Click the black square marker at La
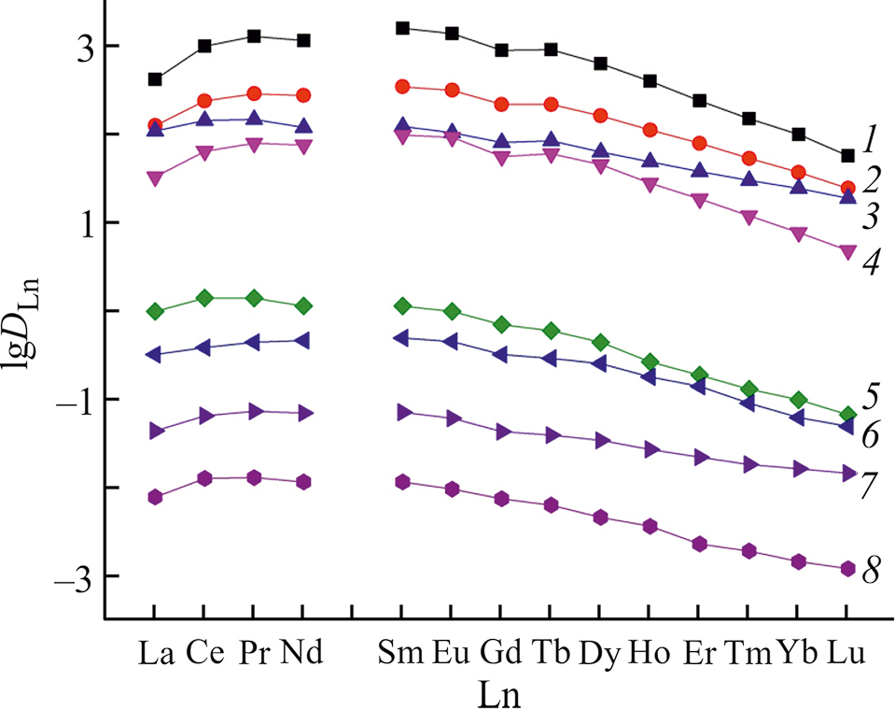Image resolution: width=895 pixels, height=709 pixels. point(155,79)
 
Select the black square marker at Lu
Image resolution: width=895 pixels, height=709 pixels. point(847,155)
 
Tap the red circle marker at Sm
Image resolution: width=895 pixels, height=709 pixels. point(402,86)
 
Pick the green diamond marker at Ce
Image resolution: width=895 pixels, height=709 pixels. point(204,298)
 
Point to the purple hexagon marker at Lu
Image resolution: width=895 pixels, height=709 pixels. point(847,568)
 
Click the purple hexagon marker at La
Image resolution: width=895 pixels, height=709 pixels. point(155,497)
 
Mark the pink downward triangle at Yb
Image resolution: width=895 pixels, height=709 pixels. point(798,234)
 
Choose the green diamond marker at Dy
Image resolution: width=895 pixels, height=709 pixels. point(600,342)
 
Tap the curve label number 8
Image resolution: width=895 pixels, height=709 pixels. point(870,570)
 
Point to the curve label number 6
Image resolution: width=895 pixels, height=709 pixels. point(870,434)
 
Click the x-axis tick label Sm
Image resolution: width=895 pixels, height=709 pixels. point(402,653)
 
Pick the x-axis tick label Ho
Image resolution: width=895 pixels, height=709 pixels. point(648,653)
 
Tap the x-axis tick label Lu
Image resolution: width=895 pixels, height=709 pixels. point(847,653)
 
